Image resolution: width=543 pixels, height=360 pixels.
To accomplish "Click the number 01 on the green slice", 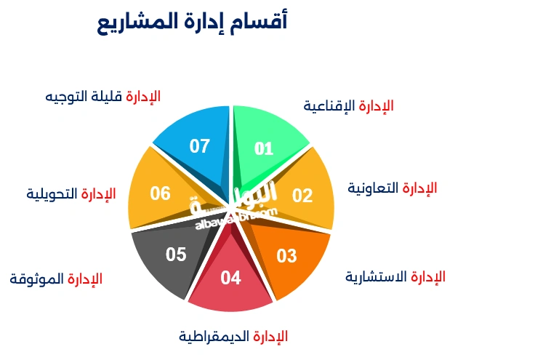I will pos(264,149).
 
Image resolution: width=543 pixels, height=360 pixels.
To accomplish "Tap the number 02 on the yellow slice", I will pos(302,195).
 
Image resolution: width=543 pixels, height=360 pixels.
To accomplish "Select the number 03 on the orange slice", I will pos(287,256).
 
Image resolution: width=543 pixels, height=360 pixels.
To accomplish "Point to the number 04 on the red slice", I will pos(230,278).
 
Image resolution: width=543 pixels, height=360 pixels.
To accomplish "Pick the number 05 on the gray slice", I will pos(176,255).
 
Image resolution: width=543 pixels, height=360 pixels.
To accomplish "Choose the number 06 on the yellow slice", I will pos(161,193).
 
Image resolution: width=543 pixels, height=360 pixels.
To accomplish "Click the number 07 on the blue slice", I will pos(200,146).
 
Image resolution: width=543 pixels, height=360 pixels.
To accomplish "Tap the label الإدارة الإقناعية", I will pos(348,105).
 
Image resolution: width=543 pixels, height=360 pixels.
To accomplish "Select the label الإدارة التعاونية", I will pos(392,188).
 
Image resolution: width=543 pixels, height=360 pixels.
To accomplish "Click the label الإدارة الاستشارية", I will pos(395,277).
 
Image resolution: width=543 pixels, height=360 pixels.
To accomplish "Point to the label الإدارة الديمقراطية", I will pos(233,336).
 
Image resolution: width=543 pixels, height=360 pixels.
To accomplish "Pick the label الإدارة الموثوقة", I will pos(56,279).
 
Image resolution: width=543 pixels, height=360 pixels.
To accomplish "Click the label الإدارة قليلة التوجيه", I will pos(102,97).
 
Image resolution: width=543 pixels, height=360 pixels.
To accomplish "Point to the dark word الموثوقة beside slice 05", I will pos(37,279).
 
